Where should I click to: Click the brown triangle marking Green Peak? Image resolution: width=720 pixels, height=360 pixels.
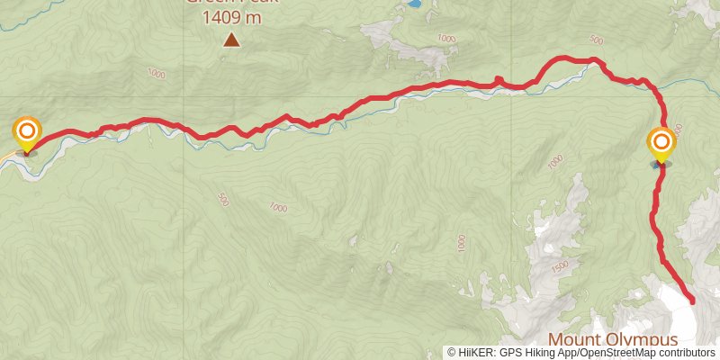[232, 40]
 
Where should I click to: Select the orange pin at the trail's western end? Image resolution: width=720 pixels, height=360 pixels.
[27, 134]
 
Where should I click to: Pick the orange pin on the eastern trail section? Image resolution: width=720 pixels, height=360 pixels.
[661, 143]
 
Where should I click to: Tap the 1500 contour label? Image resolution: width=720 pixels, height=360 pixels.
[559, 267]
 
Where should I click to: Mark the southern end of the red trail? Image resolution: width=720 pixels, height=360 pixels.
[692, 301]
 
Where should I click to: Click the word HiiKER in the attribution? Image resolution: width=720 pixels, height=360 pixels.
[479, 353]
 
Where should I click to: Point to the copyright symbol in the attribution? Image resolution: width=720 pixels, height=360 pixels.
[452, 353]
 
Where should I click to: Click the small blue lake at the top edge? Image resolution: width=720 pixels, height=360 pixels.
[412, 4]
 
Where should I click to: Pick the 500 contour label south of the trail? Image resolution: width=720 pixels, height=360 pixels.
[222, 199]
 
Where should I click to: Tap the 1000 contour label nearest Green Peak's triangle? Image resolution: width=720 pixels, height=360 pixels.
[157, 73]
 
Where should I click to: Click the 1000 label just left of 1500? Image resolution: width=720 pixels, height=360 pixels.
[461, 243]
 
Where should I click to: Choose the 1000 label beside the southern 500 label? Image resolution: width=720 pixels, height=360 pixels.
[278, 208]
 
